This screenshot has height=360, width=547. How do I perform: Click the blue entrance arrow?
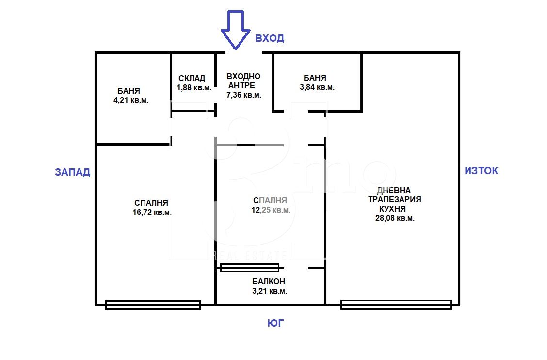[x=236, y=30]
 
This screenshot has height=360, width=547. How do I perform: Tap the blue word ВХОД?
[x=270, y=38]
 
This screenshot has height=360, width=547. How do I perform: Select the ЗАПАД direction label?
[x=73, y=172]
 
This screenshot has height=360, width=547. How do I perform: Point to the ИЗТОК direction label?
[x=482, y=170]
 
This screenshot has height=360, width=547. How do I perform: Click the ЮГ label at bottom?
[x=275, y=323]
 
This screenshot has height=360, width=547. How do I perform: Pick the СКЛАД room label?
[x=192, y=78]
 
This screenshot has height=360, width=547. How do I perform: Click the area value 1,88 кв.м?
[x=194, y=88]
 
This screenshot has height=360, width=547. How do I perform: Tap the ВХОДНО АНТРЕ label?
[x=243, y=81]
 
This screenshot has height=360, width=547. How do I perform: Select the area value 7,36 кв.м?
[x=244, y=95]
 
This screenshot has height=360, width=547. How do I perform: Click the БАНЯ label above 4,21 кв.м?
[x=129, y=91]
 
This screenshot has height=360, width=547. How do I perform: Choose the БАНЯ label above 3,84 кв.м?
[x=315, y=78]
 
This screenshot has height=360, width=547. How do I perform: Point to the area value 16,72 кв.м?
[x=152, y=213]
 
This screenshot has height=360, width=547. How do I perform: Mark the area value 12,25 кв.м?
[x=271, y=210]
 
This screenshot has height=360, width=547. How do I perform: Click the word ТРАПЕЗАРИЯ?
[x=395, y=199]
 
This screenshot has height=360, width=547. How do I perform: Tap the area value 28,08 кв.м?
[x=395, y=218]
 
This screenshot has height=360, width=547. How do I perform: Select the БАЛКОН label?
[x=269, y=281]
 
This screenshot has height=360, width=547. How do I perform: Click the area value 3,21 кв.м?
[x=270, y=291]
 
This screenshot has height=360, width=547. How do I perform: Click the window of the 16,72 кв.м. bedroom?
[x=153, y=305]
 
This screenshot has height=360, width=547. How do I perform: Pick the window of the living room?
[x=396, y=305]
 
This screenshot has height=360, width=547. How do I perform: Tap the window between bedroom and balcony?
[x=250, y=268]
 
